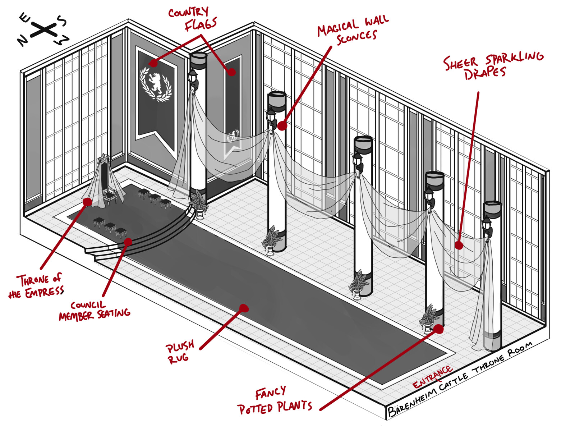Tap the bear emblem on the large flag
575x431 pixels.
pyautogui.click(x=156, y=83)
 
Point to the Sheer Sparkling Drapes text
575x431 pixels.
pyautogui.click(x=492, y=67)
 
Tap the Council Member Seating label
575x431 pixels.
pyautogui.click(x=94, y=311)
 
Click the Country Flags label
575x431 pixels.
pyautogui.click(x=192, y=19)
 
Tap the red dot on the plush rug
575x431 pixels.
pyautogui.click(x=244, y=308)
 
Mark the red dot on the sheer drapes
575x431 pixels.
pyautogui.click(x=459, y=246)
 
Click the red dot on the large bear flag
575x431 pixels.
pyautogui.click(x=153, y=63)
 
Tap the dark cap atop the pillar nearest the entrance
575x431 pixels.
pyautogui.click(x=492, y=210)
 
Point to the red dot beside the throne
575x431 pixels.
pyautogui.click(x=87, y=202)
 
